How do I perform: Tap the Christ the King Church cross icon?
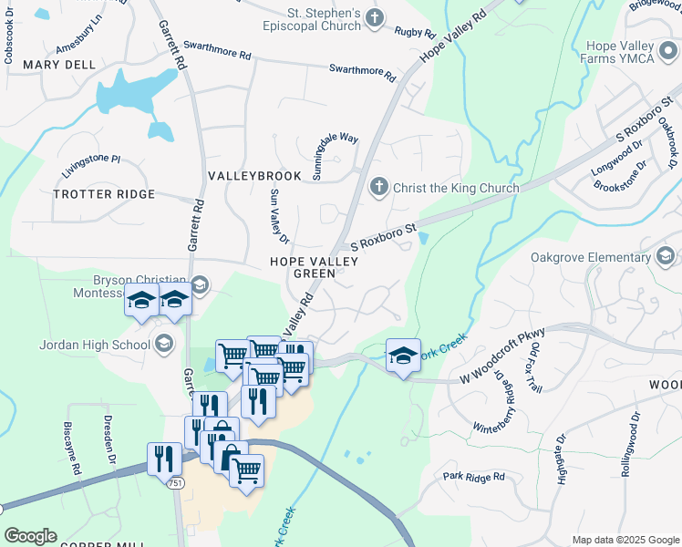click(379, 188)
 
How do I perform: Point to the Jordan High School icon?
click(164, 344)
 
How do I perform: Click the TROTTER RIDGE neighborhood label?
click(103, 194)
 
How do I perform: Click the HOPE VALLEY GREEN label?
click(313, 267)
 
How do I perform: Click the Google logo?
click(30, 536)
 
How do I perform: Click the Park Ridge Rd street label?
click(473, 477)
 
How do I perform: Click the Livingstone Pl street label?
click(90, 165)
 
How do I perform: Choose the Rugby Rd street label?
click(415, 33)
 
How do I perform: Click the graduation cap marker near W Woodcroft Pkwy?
click(403, 356)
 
